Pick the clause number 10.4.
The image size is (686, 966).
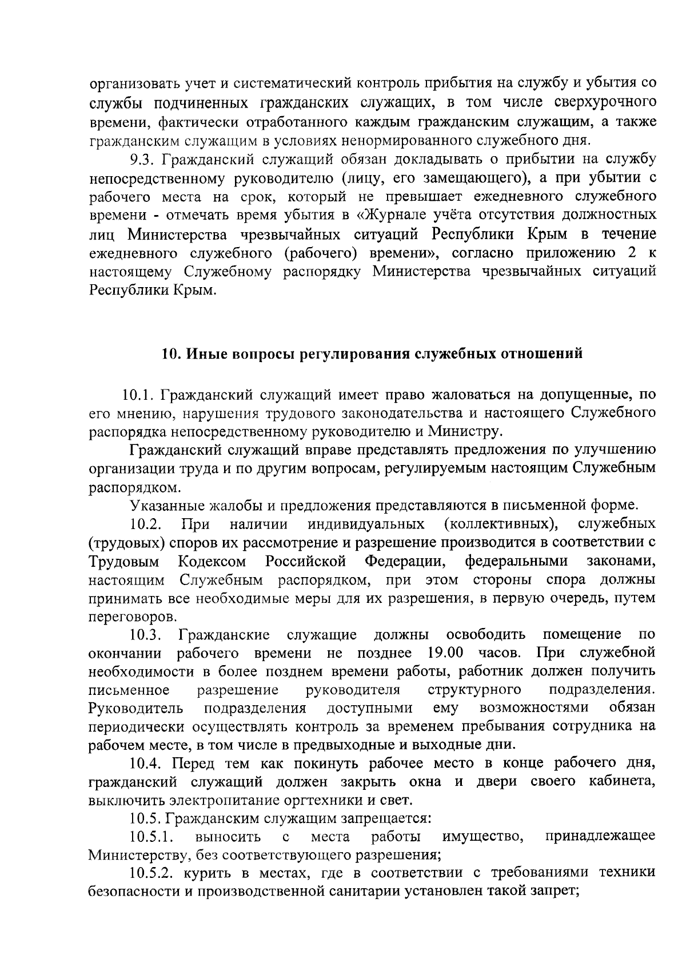[146, 763]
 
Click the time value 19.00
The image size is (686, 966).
[445, 653]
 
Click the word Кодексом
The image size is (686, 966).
[212, 561]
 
